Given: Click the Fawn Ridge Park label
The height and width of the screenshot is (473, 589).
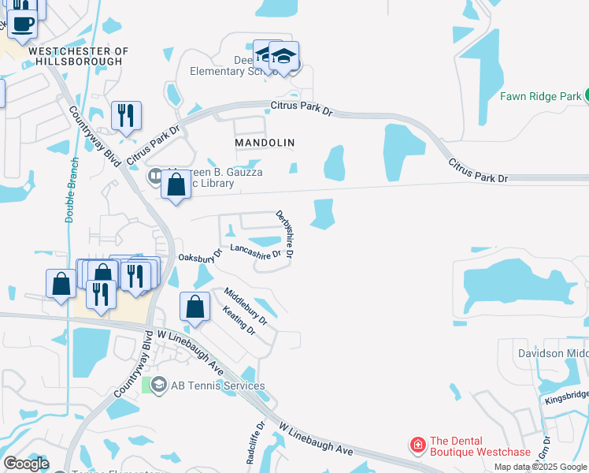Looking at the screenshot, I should [x=540, y=97].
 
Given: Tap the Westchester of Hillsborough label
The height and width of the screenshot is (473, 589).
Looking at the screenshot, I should [x=78, y=57].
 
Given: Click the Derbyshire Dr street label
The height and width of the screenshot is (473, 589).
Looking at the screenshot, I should [x=284, y=234].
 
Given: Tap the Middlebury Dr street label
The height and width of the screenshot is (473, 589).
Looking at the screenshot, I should [x=246, y=307].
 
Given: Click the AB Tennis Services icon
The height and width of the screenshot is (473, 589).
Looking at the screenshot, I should [x=157, y=385].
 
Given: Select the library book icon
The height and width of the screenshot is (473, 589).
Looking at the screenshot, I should [x=156, y=174].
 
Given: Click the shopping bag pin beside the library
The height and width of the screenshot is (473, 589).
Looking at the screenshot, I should [x=176, y=186].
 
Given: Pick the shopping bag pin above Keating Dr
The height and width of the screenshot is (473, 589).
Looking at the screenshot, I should [x=194, y=307].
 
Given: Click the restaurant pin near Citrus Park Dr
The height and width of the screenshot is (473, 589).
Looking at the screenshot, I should [x=125, y=115].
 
